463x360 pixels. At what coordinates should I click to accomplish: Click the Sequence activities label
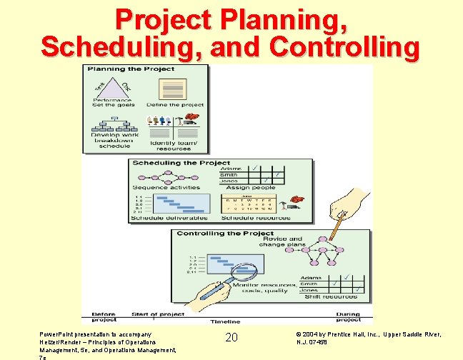point(156,187)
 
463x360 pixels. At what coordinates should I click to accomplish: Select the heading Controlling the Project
point(225,234)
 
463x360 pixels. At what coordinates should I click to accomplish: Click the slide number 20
point(231,336)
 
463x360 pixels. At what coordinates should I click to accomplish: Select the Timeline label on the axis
point(225,321)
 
